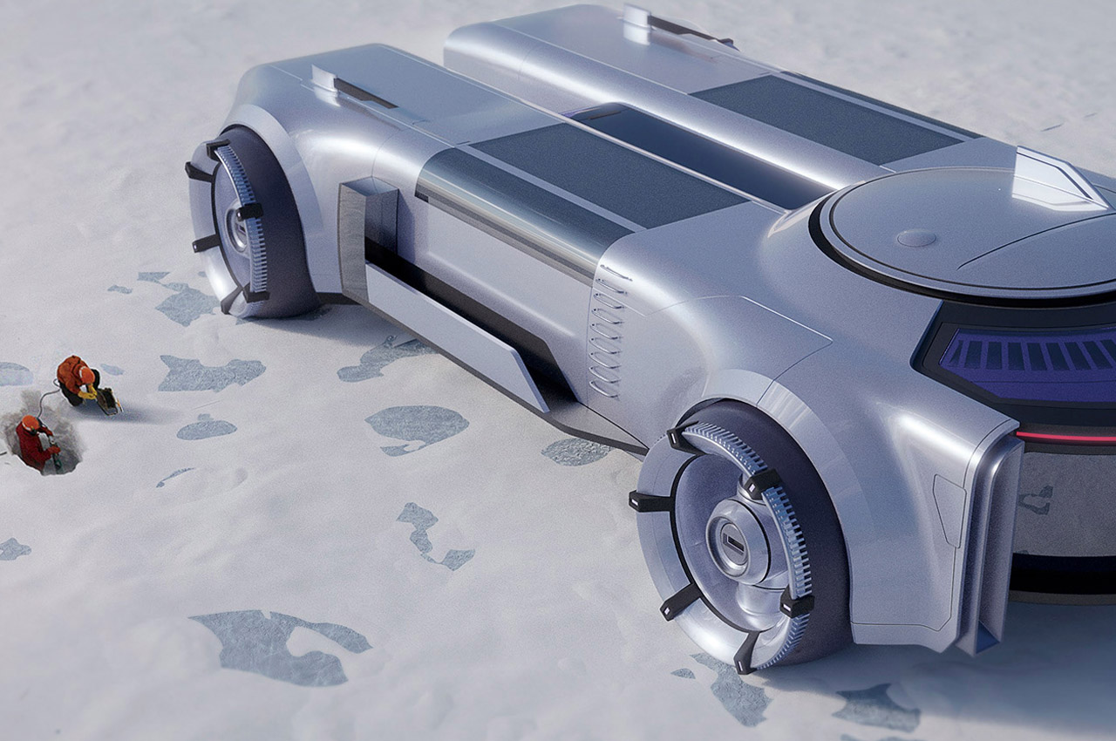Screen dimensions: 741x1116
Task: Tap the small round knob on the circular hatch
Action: click(x=916, y=238)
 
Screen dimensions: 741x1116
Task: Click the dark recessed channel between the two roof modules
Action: click(x=697, y=148)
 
